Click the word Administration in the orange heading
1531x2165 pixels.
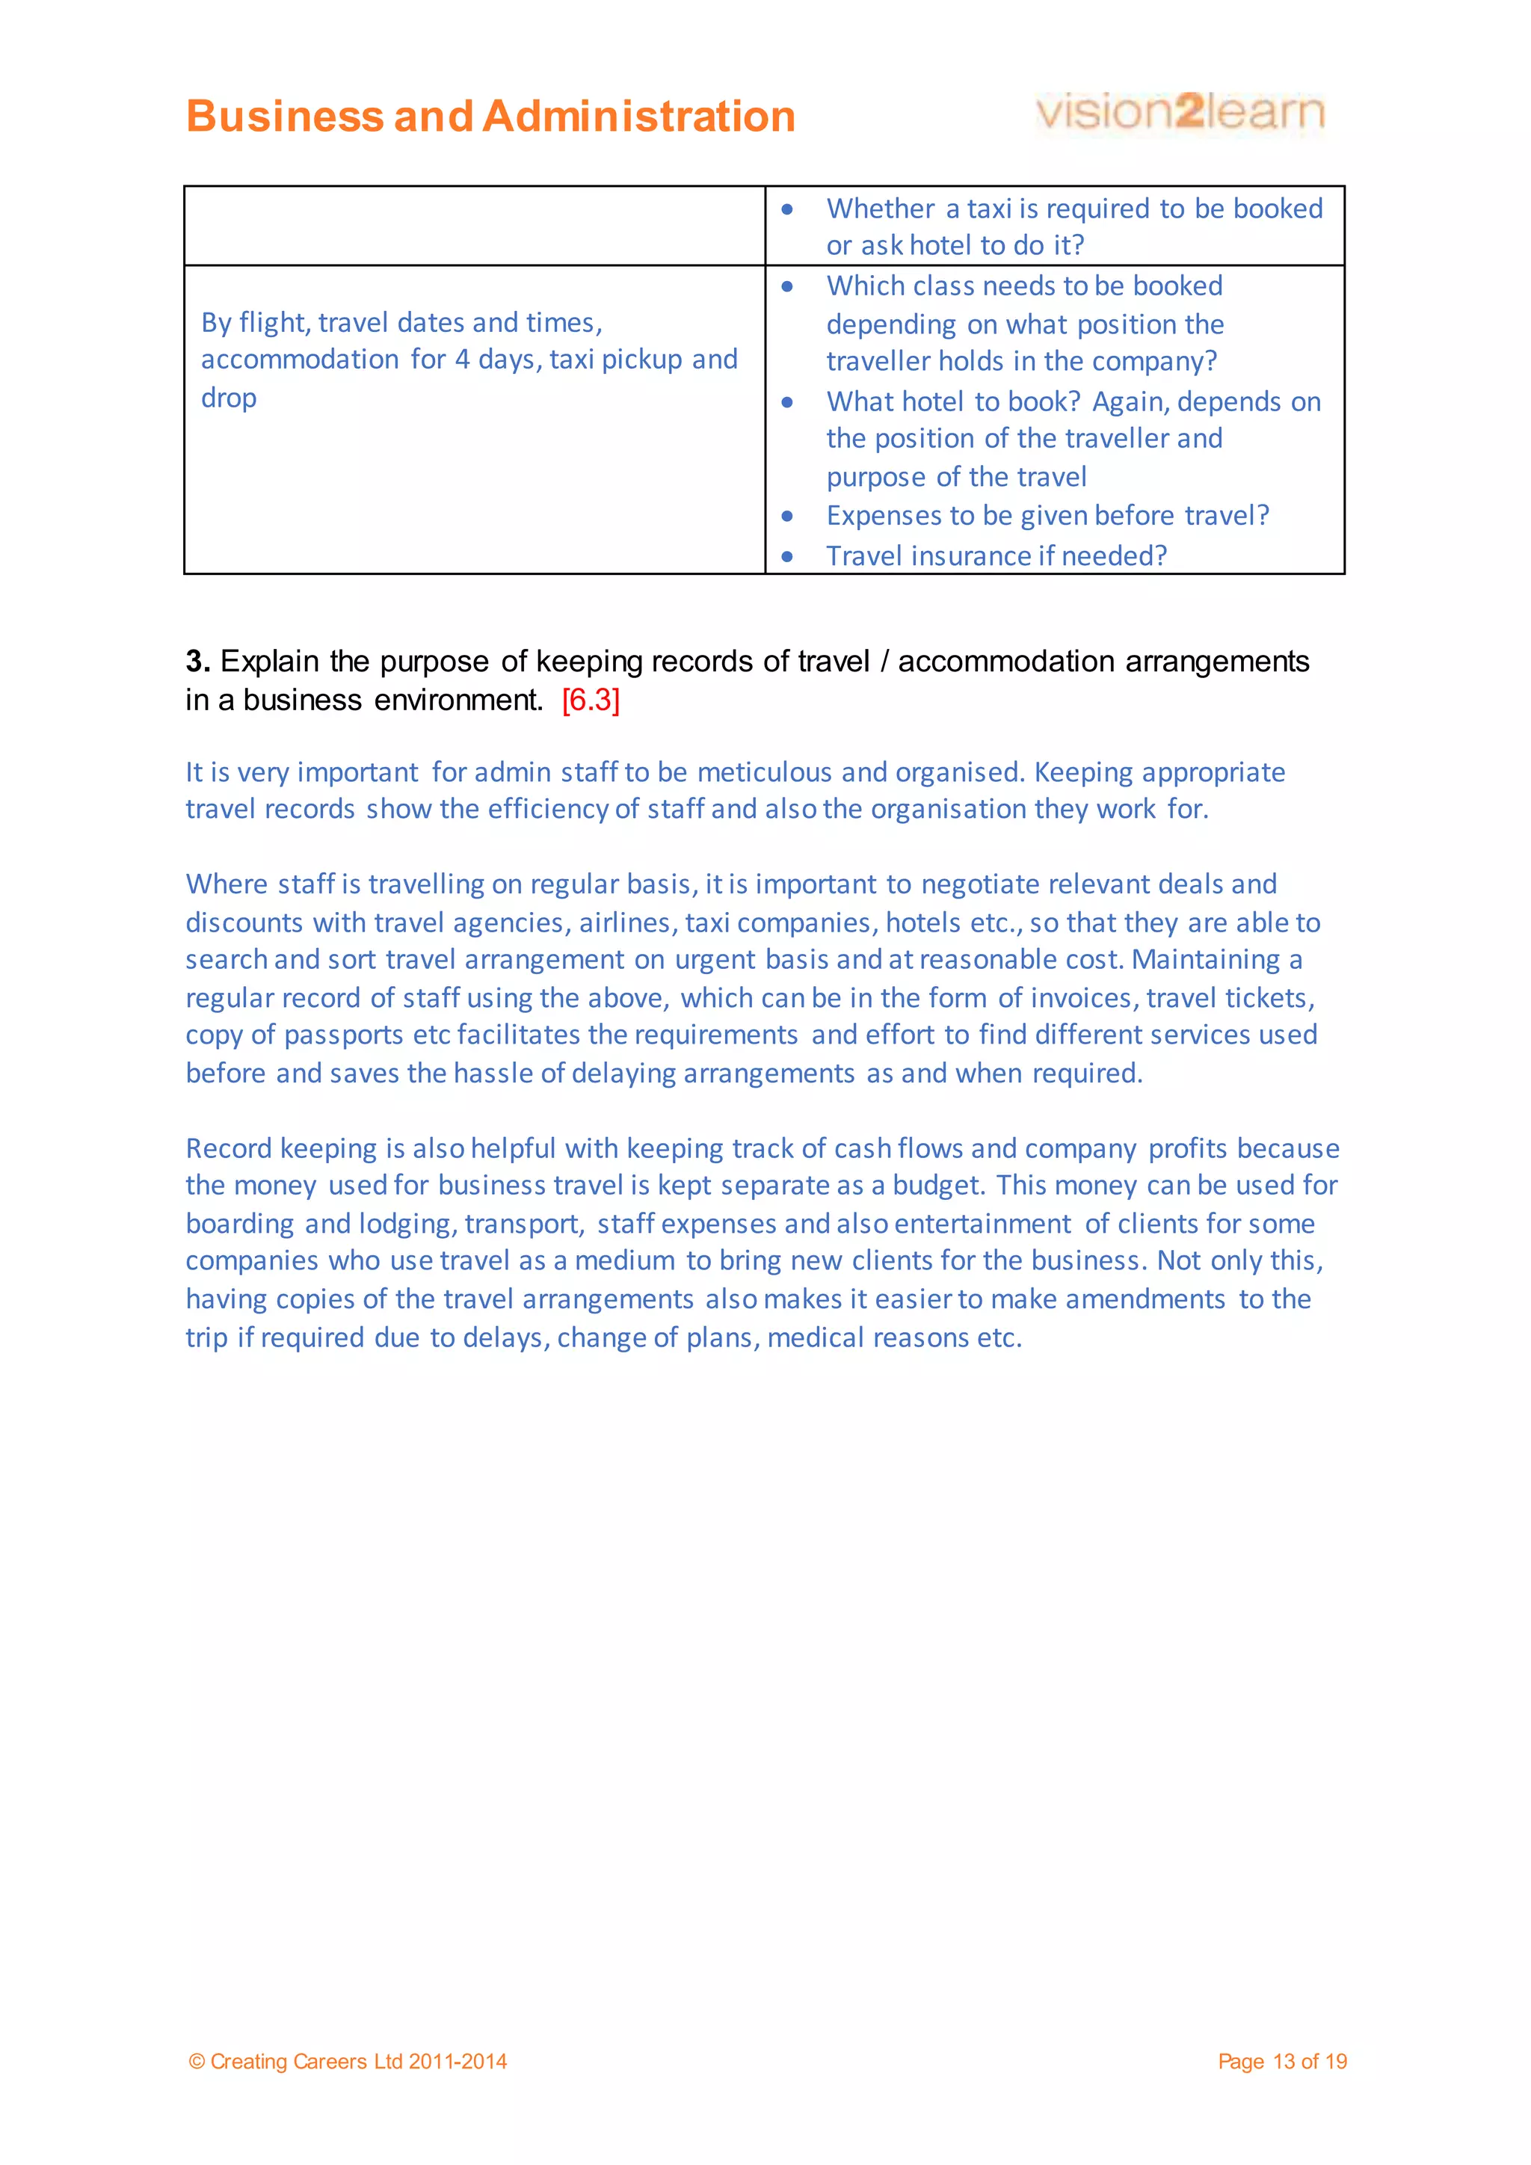(638, 117)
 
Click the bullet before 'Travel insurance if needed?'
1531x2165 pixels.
(787, 556)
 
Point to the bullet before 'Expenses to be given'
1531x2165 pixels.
(787, 516)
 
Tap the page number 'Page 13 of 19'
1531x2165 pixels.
(1281, 2061)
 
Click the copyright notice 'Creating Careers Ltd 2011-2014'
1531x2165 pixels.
(357, 2061)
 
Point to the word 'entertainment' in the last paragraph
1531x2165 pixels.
(982, 1224)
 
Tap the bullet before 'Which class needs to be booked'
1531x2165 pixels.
(787, 286)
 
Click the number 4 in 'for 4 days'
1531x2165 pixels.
(462, 360)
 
